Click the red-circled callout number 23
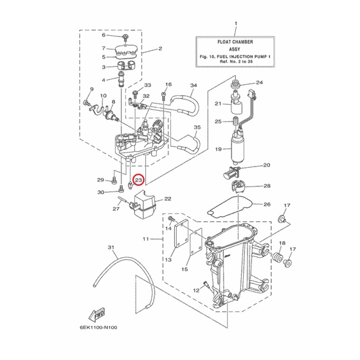(x=139, y=180)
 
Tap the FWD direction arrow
(x=97, y=314)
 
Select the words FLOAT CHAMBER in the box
(x=235, y=42)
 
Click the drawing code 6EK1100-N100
(x=98, y=327)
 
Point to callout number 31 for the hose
(x=111, y=248)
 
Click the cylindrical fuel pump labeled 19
(x=239, y=148)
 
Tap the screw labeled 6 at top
(x=125, y=37)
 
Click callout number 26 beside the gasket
(x=267, y=204)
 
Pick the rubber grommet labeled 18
(x=278, y=257)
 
